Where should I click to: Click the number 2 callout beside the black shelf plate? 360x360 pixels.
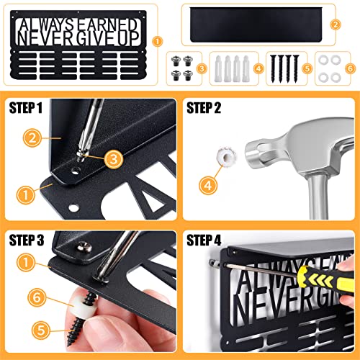[x=335, y=23]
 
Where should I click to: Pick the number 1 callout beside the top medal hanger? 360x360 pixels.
[x=158, y=42]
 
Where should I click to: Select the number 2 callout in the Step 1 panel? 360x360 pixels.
[x=30, y=135]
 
